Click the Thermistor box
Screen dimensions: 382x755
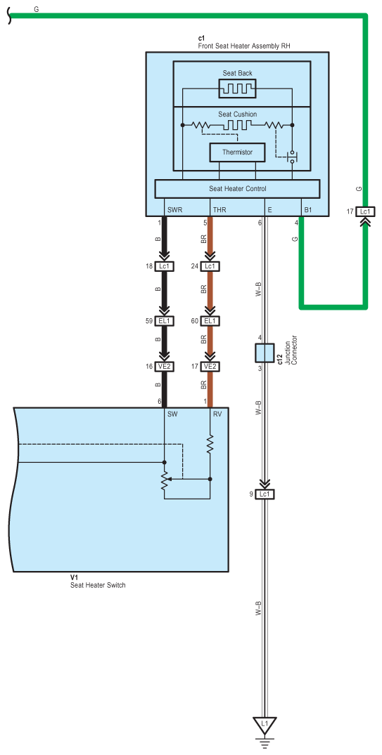coord(237,152)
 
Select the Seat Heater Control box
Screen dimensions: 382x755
coord(237,189)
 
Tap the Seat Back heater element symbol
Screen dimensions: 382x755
coord(237,88)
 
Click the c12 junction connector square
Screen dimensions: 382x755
coord(265,353)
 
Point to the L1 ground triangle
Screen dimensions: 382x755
coord(265,724)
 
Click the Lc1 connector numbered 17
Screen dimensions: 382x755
coord(365,211)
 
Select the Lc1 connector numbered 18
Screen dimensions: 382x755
coord(165,266)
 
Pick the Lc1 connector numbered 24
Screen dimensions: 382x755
coord(210,266)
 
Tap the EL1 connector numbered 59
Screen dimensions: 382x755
coord(165,321)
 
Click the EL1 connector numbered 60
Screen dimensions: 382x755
coord(210,321)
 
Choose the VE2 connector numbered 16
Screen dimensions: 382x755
coord(165,367)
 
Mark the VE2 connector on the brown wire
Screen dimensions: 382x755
coord(210,367)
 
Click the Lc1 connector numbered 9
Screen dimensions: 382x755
coord(265,494)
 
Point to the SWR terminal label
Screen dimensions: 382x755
coord(174,211)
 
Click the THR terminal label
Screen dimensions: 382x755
coord(219,211)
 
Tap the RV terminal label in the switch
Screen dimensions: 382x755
coord(217,414)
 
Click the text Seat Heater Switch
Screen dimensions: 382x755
coord(98,585)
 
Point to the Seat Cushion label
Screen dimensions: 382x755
coord(237,114)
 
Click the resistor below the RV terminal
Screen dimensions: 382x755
coord(210,445)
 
